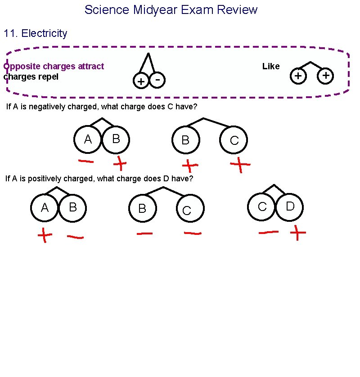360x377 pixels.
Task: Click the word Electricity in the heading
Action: pos(44,33)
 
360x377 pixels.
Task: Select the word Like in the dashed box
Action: pos(271,66)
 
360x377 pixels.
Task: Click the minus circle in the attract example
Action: pos(157,80)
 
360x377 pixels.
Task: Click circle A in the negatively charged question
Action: pos(88,140)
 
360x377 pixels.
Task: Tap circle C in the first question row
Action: pos(234,140)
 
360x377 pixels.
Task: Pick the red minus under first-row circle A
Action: pos(86,161)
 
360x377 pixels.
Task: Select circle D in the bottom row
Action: pos(290,206)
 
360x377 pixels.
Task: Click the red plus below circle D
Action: pos(298,233)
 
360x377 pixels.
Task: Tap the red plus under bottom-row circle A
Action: pos(44,235)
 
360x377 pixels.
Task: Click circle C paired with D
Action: pos(262,206)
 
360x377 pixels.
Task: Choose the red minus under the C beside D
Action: pos(269,232)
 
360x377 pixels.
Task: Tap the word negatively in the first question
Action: pos(48,107)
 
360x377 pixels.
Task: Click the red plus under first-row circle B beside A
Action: pos(120,164)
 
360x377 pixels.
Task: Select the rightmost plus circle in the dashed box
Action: pos(326,76)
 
